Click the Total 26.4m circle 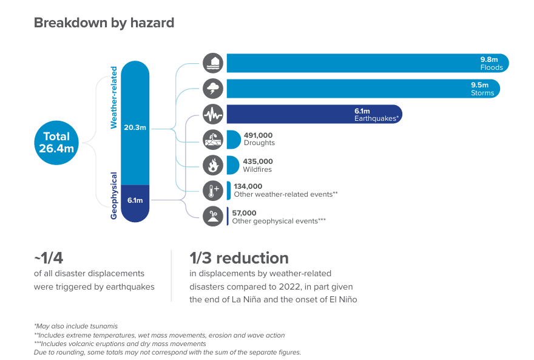click(x=56, y=143)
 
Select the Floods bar click(x=368, y=63)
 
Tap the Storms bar click(x=363, y=89)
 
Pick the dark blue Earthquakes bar click(x=314, y=114)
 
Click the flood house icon click(x=213, y=63)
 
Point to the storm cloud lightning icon click(x=213, y=89)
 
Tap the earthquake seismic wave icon click(x=213, y=114)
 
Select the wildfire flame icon click(x=213, y=165)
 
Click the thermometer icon click(x=213, y=191)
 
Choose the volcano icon click(x=213, y=216)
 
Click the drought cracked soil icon click(x=213, y=140)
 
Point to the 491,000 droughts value click(x=258, y=135)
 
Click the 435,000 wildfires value click(x=258, y=161)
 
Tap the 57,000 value click(x=244, y=213)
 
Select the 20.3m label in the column click(x=135, y=127)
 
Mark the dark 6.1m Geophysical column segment click(x=135, y=203)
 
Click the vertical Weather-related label click(x=113, y=98)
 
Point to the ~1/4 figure click(x=49, y=258)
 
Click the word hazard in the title click(x=152, y=23)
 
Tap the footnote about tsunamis click(x=76, y=326)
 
